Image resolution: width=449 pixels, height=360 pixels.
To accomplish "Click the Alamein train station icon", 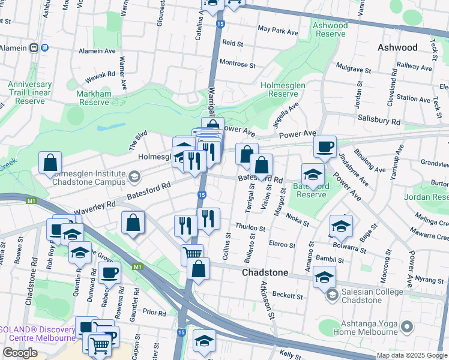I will pyautogui.click(x=35, y=47).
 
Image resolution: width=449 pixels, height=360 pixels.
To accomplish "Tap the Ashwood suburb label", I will pyautogui.click(x=397, y=47).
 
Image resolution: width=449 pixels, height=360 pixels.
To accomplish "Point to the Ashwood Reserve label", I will pyautogui.click(x=330, y=29).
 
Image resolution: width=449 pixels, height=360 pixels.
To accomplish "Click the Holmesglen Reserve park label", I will pyautogui.click(x=283, y=89).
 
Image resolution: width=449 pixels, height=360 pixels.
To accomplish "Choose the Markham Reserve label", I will pyautogui.click(x=93, y=98).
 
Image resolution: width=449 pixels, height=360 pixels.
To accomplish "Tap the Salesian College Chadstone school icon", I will pyautogui.click(x=331, y=295).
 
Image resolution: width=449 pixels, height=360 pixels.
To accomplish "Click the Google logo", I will pyautogui.click(x=20, y=353).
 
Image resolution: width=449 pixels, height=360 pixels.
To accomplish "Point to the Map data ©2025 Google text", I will pyautogui.click(x=412, y=355).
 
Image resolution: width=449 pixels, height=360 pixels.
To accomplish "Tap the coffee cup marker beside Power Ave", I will pyautogui.click(x=325, y=147).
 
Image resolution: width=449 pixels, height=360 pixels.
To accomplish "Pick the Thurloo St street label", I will pyautogui.click(x=250, y=228).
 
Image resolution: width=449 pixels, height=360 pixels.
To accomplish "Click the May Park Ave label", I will pyautogui.click(x=277, y=30).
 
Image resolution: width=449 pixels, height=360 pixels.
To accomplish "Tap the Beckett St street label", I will pyautogui.click(x=287, y=295).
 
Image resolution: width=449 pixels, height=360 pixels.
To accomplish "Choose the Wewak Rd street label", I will pyautogui.click(x=100, y=74).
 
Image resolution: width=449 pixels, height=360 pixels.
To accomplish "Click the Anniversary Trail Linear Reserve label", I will pyautogui.click(x=29, y=93).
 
